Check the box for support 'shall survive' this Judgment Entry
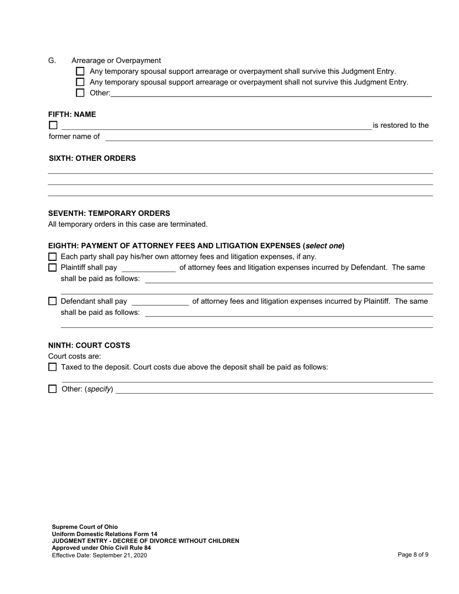click(80, 71)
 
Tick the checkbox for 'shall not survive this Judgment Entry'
click(80, 82)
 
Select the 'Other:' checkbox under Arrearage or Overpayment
click(80, 93)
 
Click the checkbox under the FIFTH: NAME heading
click(53, 126)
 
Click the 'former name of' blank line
click(269, 137)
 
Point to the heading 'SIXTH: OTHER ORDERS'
click(92, 158)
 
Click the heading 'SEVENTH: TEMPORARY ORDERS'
click(109, 213)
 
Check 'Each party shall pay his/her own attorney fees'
click(53, 257)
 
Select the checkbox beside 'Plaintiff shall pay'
click(53, 268)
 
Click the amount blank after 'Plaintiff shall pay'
click(148, 269)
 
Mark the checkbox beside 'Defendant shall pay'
click(53, 301)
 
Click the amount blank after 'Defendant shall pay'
click(160, 302)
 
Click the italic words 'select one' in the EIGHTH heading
click(324, 246)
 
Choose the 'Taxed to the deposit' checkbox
click(53, 367)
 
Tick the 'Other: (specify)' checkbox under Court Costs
click(53, 389)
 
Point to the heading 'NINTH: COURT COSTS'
click(89, 346)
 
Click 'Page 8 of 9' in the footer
click(413, 555)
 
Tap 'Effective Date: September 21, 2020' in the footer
click(100, 555)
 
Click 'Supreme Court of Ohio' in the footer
click(85, 527)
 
